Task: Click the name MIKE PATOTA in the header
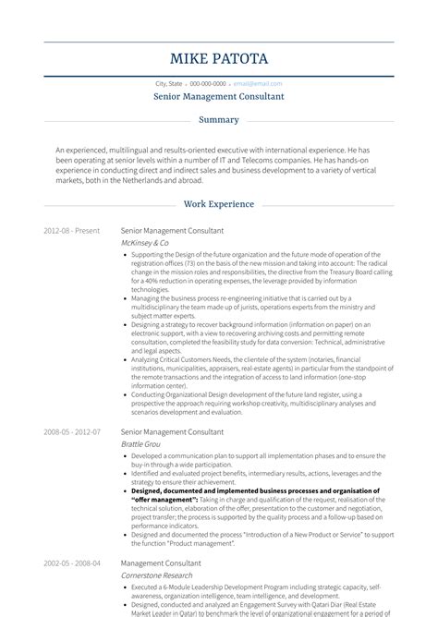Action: (x=219, y=59)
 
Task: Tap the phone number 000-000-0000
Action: (x=208, y=83)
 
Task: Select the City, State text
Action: (x=170, y=83)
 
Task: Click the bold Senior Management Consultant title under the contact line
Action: (x=219, y=96)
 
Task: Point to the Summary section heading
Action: (x=219, y=120)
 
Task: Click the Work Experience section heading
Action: (x=219, y=204)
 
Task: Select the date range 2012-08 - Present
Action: (x=71, y=230)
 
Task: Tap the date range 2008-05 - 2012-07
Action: (x=71, y=431)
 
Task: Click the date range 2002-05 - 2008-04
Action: (x=71, y=563)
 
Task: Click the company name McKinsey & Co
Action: (x=144, y=242)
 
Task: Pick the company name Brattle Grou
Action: (x=140, y=444)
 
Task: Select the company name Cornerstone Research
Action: (x=158, y=575)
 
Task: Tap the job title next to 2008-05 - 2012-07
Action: (x=172, y=431)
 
